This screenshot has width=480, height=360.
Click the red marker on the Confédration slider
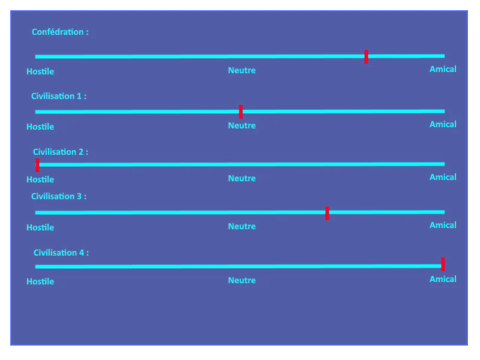pos(366,56)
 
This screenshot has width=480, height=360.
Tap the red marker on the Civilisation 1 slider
pos(241,112)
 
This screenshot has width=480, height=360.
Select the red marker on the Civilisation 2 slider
pos(37,166)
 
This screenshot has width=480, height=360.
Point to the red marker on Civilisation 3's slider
pos(327,213)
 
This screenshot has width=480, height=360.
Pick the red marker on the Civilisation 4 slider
pos(443,264)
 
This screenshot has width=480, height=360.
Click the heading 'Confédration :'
pos(61,32)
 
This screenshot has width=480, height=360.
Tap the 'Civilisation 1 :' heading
pos(59,96)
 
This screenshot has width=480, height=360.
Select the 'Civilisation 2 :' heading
pos(61,152)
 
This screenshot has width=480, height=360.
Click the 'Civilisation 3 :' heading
pos(59,196)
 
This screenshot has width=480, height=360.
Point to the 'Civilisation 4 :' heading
pos(61,253)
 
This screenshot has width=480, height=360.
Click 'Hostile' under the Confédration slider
pos(40,71)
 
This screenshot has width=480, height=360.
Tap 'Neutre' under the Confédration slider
pos(242,70)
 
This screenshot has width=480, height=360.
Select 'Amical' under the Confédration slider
pos(443,69)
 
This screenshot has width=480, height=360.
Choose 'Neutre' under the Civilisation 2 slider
pos(242,178)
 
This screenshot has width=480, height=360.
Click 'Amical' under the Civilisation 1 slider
pos(443,124)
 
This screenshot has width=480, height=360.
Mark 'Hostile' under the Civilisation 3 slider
pos(40,227)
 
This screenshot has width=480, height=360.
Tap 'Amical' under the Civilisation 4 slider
pos(443,279)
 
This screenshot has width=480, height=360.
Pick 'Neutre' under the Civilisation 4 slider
pos(242,280)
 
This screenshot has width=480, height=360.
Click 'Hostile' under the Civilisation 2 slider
pos(40,179)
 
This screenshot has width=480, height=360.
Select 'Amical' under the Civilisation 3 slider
pos(443,226)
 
